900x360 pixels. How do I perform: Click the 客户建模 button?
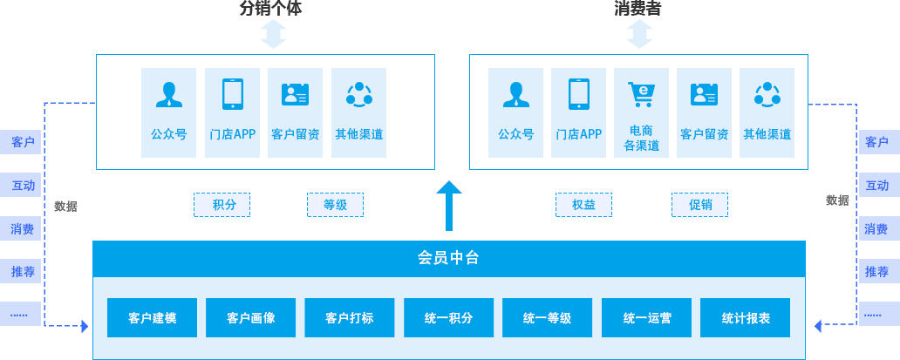152,318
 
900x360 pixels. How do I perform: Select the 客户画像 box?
250,318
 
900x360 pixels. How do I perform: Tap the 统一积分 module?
448,318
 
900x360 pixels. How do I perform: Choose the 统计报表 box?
746,318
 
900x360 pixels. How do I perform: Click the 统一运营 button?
646,318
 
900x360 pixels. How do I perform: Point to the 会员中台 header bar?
448,258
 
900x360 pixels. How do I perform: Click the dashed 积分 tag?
222,205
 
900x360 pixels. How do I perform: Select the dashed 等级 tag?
335,205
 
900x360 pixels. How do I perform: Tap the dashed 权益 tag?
583,205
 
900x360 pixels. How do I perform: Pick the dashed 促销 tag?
699,205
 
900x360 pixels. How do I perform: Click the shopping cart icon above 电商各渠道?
641,93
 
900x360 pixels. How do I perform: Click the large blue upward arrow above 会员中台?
449,206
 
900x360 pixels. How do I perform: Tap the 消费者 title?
639,9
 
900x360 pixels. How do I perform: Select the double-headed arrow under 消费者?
639,35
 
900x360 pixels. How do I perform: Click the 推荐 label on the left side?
22,271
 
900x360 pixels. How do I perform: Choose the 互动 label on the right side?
876,185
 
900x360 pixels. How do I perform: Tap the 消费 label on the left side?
22,229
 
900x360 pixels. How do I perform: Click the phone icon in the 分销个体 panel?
232,94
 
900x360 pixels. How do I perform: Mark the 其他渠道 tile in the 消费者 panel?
767,112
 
